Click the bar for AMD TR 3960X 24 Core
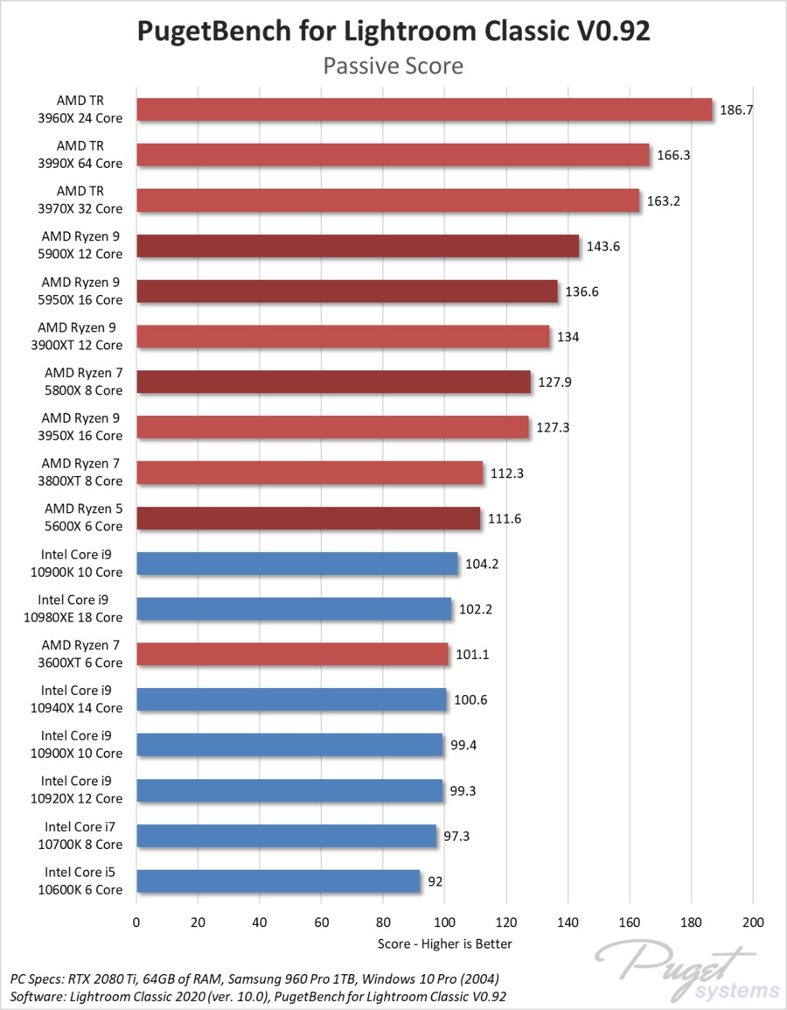coord(425,109)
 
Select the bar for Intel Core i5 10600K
coord(278,880)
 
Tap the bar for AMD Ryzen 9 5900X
coord(358,246)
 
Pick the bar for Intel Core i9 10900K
coord(297,564)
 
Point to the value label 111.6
coord(505,519)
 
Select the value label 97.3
coord(458,837)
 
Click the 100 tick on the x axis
coord(444,922)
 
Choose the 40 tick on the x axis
coord(260,922)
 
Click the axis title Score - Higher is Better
coord(444,943)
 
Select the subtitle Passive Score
coord(393,66)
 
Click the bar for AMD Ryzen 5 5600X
coord(309,519)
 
